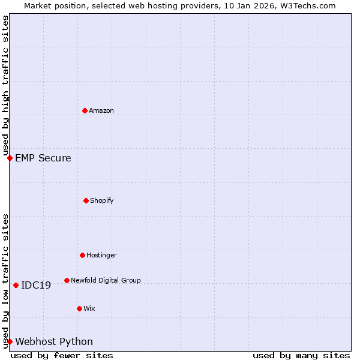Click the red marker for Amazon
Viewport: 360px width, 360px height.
85,110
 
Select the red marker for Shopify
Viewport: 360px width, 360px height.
86,200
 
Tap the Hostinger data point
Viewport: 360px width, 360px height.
82,255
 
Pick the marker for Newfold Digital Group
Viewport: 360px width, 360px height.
67,280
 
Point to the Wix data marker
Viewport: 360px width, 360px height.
79,308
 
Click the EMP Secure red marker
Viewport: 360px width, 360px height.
10,158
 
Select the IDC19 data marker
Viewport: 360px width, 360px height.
16,285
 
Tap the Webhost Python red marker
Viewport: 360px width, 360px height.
10,341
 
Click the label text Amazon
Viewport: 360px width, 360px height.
101,110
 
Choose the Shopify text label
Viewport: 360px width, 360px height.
102,200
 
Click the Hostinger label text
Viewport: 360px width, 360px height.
101,255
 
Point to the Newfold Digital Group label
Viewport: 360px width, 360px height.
106,280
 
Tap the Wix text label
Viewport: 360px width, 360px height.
89,308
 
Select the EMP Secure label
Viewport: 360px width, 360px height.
43,158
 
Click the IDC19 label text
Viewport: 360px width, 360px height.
36,285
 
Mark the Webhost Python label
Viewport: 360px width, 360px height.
54,341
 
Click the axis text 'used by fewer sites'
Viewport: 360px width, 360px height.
62,355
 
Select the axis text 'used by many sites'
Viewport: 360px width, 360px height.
301,355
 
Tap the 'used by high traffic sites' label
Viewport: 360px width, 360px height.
5,85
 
